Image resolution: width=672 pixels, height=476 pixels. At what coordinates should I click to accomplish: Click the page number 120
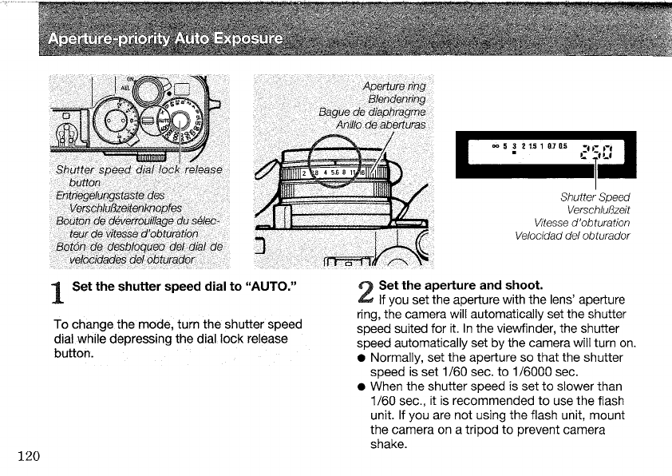[28, 456]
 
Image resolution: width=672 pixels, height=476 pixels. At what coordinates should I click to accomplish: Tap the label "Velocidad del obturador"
[572, 236]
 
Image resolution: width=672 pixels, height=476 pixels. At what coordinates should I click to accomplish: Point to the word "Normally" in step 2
[396, 357]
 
